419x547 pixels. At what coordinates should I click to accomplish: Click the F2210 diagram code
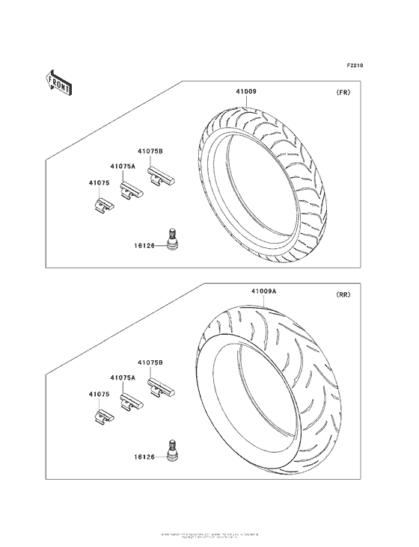355,66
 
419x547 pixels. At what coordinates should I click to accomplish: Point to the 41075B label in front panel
150,152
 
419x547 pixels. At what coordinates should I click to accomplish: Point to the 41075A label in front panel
123,166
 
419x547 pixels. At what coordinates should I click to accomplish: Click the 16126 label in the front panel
145,244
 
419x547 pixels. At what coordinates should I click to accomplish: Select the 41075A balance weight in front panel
132,192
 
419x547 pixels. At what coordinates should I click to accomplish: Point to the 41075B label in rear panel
150,363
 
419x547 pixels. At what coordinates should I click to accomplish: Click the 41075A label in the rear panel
123,378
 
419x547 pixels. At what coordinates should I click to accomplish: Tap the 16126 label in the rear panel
145,456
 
